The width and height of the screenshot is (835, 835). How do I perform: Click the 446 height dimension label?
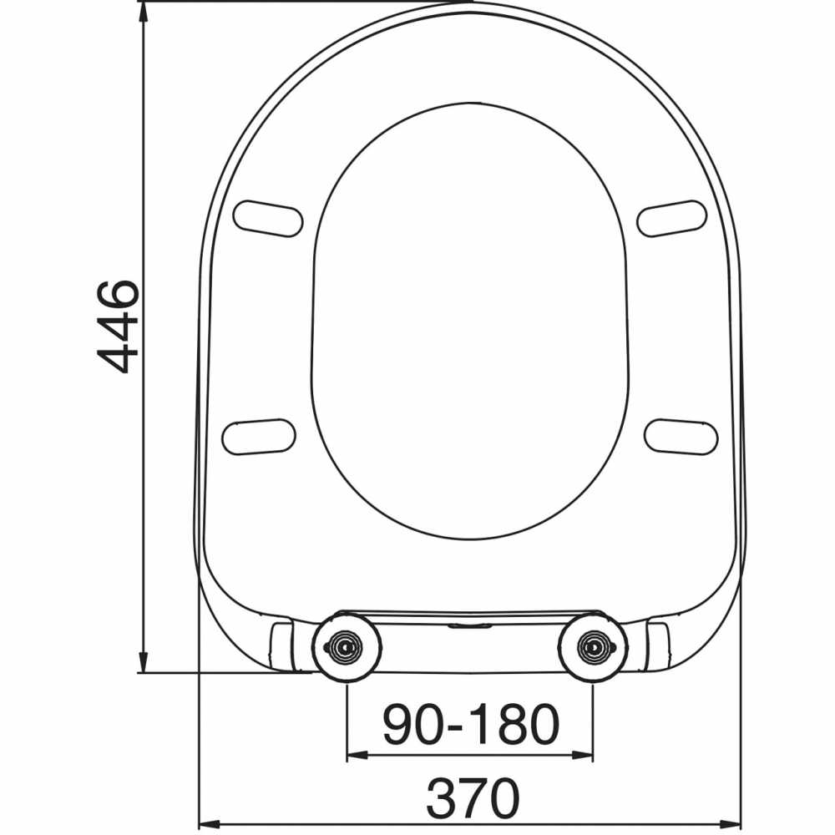coord(117,326)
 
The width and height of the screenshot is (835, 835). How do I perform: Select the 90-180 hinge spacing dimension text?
coord(470,724)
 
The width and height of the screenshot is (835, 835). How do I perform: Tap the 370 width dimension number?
coord(472,799)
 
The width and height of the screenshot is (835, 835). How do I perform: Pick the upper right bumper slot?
coord(671,218)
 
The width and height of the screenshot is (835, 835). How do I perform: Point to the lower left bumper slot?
coord(258,436)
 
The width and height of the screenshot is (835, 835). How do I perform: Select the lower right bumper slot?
coord(681,436)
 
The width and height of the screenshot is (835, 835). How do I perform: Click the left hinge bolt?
coord(346,646)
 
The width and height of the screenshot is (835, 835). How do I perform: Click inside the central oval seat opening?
coord(470,321)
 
